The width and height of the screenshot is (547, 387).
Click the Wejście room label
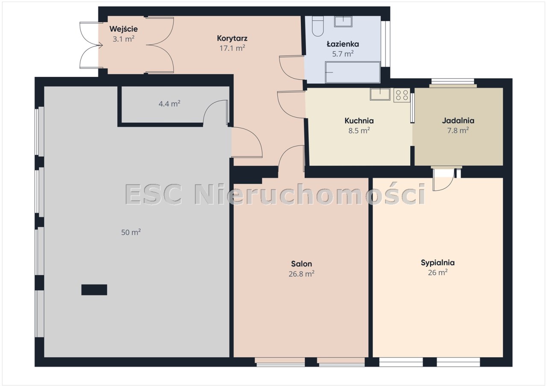[124, 29]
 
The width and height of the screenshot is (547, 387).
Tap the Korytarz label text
[232, 38]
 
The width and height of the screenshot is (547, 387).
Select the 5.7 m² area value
[343, 54]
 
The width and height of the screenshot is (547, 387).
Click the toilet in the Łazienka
[318, 26]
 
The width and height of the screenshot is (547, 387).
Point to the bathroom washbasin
[343, 21]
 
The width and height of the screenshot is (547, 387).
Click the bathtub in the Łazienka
[353, 72]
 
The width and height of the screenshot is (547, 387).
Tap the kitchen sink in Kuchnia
[380, 94]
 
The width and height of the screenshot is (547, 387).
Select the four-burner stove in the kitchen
[402, 95]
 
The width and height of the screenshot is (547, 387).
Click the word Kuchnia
[359, 121]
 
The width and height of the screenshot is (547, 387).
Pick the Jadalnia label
[458, 120]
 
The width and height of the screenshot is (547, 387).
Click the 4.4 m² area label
[170, 104]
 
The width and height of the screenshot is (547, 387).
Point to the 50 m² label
[131, 232]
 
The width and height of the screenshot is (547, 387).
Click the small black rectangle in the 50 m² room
[94, 290]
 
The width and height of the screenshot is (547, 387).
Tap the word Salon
[301, 264]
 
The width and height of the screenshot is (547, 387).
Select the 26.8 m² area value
[301, 274]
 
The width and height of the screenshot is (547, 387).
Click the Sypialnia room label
[438, 263]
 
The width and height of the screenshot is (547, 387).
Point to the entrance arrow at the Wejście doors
[100, 45]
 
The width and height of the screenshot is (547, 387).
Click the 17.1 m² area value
[232, 48]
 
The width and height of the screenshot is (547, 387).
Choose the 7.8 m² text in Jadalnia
[458, 131]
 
